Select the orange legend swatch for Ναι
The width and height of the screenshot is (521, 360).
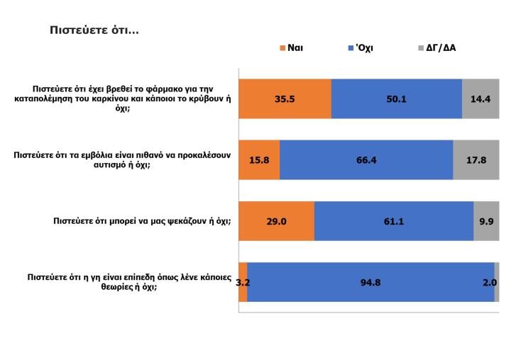[x=282, y=49]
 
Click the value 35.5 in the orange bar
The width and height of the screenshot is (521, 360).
[x=285, y=99]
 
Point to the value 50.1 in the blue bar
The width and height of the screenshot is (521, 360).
[x=396, y=99]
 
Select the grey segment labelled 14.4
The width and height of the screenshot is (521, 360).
[x=481, y=99]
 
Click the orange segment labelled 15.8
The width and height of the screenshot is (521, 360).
[x=260, y=160]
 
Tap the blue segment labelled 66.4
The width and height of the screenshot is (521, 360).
[x=366, y=160]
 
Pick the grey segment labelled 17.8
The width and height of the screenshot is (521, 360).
[x=476, y=160]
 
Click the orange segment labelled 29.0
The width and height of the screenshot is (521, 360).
[x=277, y=221]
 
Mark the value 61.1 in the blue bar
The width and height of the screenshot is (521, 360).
[x=394, y=221]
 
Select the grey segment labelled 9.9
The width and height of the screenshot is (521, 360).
[x=486, y=221]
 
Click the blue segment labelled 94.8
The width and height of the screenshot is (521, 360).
[x=371, y=282]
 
